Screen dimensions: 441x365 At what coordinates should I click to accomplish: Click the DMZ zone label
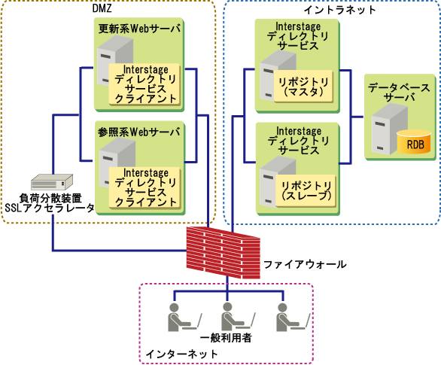(102, 8)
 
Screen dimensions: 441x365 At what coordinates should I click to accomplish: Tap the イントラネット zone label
(339, 10)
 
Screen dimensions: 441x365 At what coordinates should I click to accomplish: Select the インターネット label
(181, 354)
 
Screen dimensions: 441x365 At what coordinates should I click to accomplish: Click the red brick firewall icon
(223, 253)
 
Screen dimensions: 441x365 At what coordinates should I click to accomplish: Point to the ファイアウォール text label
(305, 264)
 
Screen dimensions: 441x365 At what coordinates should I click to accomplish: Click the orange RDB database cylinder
(414, 142)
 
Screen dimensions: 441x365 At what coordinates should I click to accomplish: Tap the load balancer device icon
(52, 182)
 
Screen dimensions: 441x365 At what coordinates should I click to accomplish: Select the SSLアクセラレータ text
(50, 208)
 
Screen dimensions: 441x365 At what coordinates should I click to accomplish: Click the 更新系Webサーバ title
(139, 29)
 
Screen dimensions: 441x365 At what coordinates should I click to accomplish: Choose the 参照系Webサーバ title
(139, 132)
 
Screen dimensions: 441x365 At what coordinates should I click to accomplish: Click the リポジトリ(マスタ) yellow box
(303, 87)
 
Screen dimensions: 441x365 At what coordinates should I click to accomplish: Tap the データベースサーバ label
(399, 93)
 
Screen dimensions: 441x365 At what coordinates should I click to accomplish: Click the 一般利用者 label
(226, 338)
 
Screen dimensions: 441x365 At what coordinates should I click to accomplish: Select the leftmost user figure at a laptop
(184, 317)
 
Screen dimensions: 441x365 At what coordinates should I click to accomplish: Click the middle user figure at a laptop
(238, 317)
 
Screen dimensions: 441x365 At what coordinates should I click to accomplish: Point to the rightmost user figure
(293, 317)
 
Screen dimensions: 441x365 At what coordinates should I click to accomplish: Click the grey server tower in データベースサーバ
(389, 129)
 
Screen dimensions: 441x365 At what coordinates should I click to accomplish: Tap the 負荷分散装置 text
(50, 198)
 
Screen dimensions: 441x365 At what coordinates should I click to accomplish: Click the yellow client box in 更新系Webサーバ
(144, 84)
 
